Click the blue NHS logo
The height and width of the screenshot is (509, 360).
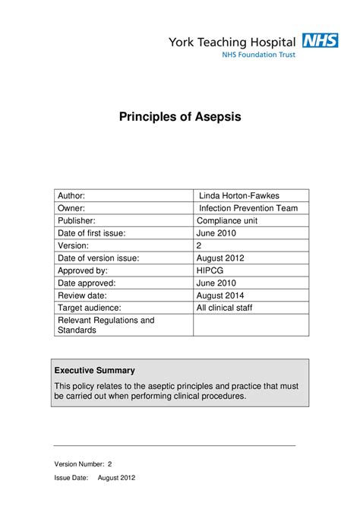point(321,40)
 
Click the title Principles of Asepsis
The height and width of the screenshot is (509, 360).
point(179,118)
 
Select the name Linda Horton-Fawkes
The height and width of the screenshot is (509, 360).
point(238,196)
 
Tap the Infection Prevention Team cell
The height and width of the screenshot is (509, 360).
point(248,208)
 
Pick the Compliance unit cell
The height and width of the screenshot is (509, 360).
point(229,220)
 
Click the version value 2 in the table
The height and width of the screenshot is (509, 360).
point(200,245)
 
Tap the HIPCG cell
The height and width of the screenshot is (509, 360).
point(212,270)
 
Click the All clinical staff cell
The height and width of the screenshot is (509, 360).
point(225,308)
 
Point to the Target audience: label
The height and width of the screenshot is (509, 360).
point(90,308)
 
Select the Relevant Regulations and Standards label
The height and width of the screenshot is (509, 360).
point(106,325)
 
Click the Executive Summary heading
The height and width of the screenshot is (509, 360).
point(94,371)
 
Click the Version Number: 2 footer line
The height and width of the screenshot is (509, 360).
point(84,463)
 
